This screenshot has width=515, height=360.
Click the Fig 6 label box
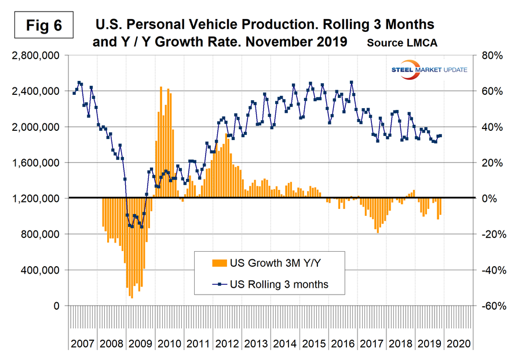(x=44, y=25)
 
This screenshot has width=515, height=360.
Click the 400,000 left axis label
(x=39, y=270)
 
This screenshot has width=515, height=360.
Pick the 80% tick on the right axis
(x=489, y=56)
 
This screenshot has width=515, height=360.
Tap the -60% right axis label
(x=488, y=306)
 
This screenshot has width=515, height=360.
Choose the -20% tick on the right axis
(x=488, y=234)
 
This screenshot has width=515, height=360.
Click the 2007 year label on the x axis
(x=83, y=344)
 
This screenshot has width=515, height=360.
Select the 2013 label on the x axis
(x=256, y=344)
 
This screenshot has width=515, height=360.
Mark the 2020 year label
(x=458, y=344)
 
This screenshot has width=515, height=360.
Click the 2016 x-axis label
(x=343, y=344)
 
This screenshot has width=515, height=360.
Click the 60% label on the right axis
(x=489, y=91)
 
